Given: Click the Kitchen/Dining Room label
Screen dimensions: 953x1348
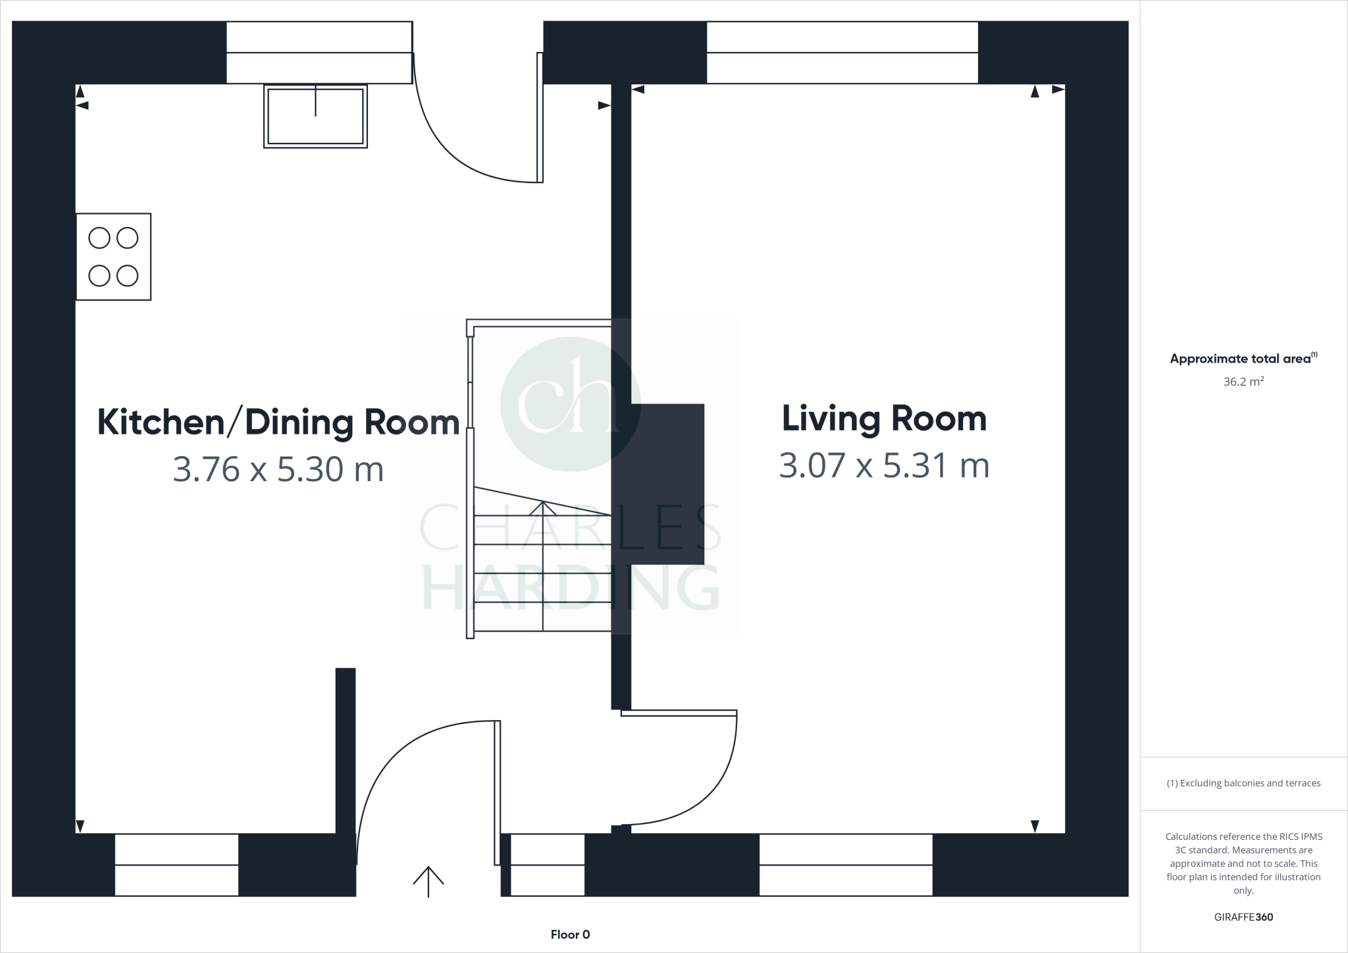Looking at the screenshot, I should click(278, 423).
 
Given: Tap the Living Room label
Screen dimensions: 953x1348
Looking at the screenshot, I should click(884, 419).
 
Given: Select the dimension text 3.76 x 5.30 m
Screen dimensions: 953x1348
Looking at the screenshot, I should click(278, 469).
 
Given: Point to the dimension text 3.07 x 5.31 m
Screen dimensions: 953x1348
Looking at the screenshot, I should click(884, 465).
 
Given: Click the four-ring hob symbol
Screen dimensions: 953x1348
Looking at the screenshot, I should click(113, 257).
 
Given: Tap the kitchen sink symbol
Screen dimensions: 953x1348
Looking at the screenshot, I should click(315, 116).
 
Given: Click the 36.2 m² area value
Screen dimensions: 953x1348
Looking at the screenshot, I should click(1243, 382).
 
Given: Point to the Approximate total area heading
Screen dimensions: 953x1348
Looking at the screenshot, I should click(1243, 359).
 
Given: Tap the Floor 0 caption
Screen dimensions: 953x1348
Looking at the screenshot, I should click(570, 935).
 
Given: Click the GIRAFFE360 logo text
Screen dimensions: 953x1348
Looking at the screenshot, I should click(1243, 917).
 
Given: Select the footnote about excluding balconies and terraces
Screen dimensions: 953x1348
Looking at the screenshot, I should click(1243, 783).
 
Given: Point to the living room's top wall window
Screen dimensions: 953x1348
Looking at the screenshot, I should click(842, 53).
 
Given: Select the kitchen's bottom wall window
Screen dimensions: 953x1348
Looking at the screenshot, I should click(176, 865).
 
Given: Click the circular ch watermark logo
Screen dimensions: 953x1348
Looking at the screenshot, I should click(570, 403).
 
